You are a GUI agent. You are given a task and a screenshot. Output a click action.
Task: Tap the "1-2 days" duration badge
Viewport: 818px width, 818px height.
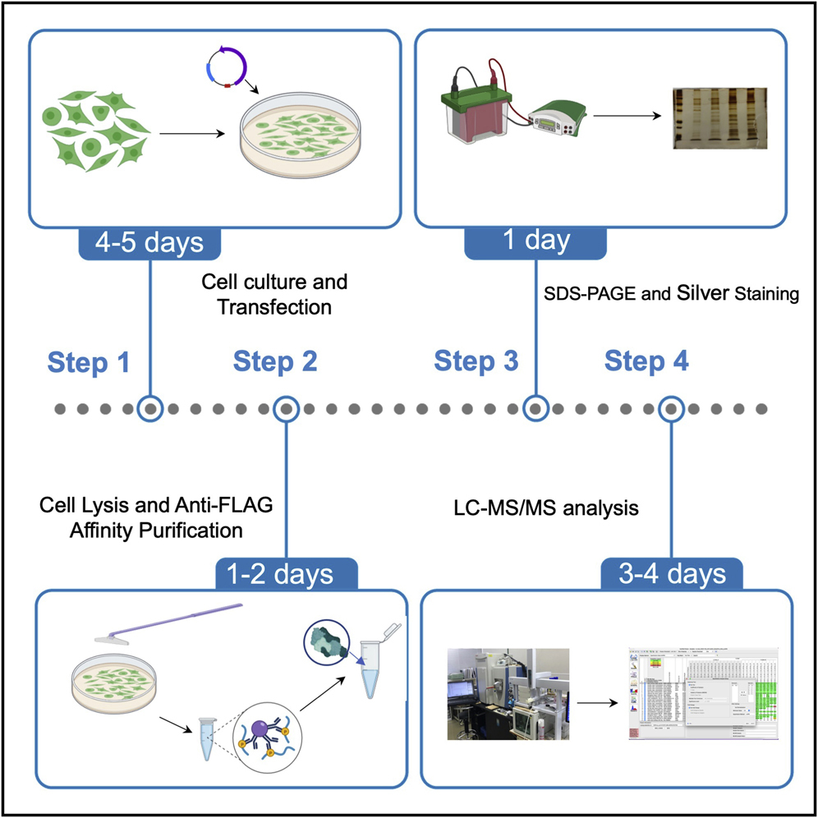click(286, 572)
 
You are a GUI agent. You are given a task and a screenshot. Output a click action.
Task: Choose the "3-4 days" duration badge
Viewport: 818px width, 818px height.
click(672, 572)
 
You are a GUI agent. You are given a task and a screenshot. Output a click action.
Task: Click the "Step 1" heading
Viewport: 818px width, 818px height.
click(89, 361)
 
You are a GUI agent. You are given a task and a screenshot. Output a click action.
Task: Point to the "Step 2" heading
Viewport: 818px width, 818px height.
click(276, 361)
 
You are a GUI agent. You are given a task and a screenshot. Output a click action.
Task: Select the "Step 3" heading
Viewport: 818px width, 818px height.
click(476, 361)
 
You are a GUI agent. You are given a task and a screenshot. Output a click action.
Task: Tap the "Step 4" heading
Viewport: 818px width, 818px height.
click(647, 361)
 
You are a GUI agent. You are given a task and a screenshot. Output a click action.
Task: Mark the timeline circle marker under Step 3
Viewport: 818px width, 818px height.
click(535, 408)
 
